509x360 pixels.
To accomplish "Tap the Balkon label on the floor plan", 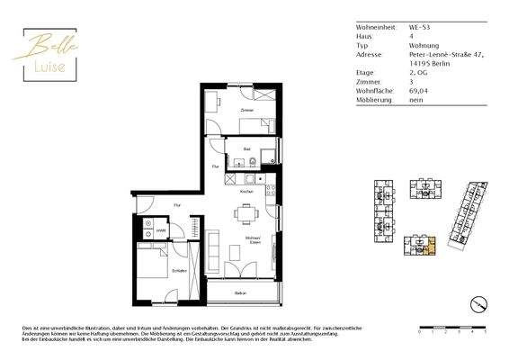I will tap(241, 293).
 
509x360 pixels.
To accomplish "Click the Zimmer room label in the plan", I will tap(245, 110).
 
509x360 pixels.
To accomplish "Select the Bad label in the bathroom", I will tap(246, 148).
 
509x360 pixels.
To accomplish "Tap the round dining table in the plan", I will tap(246, 214).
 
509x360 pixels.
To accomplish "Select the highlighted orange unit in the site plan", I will tap(429, 243).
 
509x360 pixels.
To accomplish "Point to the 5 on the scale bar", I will tap(485, 332).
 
